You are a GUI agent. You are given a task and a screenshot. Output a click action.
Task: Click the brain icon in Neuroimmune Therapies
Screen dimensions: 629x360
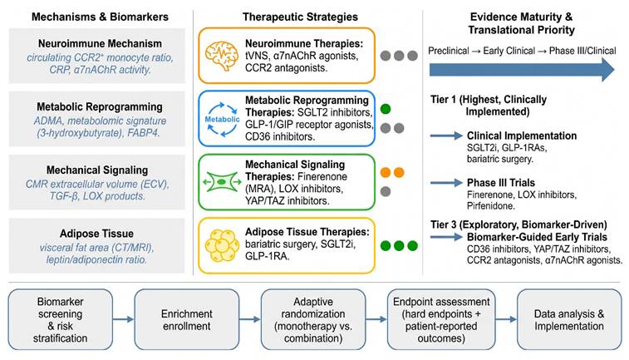point(221,56)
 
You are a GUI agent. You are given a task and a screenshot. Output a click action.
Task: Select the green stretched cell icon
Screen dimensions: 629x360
point(221,182)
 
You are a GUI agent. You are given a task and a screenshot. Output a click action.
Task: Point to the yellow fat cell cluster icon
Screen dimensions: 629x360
point(221,245)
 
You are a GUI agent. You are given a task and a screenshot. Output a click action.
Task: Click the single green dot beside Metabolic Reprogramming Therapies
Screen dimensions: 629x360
point(386,109)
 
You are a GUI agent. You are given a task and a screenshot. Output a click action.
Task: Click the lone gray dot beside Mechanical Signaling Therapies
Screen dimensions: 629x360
point(386,191)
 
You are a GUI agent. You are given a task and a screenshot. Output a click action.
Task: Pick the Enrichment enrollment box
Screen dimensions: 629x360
point(186,319)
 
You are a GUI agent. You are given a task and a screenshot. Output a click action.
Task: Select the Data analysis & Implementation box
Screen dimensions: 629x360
point(569,319)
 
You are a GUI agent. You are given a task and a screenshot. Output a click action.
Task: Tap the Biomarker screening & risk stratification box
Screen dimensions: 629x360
point(60,319)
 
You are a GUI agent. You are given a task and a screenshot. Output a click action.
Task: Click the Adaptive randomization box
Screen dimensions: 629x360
point(313,319)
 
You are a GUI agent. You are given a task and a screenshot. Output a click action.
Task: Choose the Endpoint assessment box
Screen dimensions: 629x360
point(441,319)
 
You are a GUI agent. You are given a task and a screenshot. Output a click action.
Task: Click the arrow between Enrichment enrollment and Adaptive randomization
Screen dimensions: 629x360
point(250,319)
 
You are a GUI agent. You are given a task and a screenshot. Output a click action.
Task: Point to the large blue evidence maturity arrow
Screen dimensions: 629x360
point(522,70)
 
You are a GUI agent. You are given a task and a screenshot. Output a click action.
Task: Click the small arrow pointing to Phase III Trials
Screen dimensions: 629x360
point(446,183)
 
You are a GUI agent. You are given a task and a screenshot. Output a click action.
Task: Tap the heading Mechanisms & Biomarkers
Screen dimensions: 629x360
point(100,17)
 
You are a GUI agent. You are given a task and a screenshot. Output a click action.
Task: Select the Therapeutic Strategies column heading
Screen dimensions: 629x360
point(300,17)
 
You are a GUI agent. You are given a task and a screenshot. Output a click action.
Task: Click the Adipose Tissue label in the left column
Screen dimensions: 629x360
point(96,234)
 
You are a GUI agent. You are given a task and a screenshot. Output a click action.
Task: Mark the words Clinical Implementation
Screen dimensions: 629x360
point(522,136)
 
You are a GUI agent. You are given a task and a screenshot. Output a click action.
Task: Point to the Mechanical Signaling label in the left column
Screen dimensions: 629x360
point(97,170)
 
